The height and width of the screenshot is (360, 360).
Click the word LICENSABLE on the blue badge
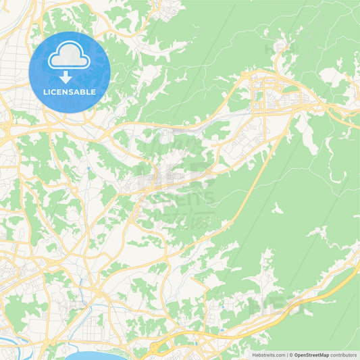pyautogui.click(x=70, y=92)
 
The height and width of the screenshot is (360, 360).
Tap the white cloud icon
pyautogui.click(x=70, y=58)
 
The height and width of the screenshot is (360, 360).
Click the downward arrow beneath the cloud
pyautogui.click(x=70, y=76)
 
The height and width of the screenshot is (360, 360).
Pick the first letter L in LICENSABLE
pyautogui.click(x=45, y=92)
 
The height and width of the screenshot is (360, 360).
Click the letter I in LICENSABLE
pyautogui.click(x=50, y=92)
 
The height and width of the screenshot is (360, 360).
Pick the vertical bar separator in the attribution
pyautogui.click(x=287, y=355)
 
